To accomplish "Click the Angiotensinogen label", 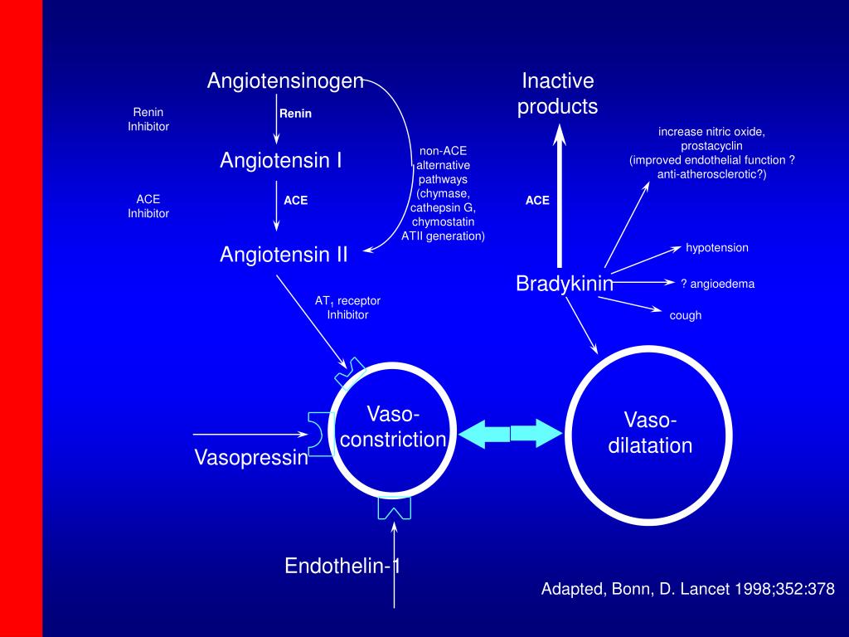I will click(x=285, y=80).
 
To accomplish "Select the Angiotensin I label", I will click(x=281, y=160).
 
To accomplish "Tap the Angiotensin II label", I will click(x=284, y=255).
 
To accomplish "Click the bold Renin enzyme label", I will click(x=295, y=114).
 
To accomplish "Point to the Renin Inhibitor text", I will click(x=148, y=119).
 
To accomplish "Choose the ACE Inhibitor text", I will click(x=148, y=207).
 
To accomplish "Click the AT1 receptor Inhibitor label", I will click(x=347, y=308).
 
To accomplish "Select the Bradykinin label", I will click(x=565, y=284).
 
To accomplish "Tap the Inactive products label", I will click(x=558, y=94).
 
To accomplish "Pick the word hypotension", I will click(x=717, y=248).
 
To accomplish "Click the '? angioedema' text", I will click(x=718, y=284).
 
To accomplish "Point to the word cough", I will click(x=686, y=315).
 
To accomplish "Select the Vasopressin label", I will click(x=251, y=457).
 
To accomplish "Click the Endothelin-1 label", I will click(x=343, y=566).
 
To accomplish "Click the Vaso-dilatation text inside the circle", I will click(x=650, y=432).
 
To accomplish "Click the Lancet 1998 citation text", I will click(x=687, y=590).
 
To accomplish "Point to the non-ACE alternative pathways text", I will click(x=443, y=193).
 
